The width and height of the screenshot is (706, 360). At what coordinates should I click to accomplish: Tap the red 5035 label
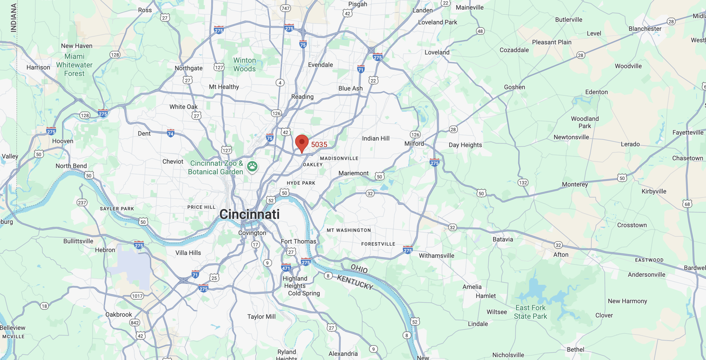click(319, 144)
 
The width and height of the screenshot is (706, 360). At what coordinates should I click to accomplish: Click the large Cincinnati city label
click(250, 214)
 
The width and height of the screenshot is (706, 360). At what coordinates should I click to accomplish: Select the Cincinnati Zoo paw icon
click(252, 166)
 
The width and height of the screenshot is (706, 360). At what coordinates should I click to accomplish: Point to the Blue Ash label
click(351, 88)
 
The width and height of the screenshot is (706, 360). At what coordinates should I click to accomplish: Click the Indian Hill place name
click(376, 138)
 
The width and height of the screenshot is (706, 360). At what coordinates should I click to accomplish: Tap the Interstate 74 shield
click(171, 133)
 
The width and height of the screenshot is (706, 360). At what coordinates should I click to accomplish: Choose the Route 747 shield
click(285, 8)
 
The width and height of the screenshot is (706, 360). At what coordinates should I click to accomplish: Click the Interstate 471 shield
click(286, 268)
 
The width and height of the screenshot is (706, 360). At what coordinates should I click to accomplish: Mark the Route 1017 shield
click(137, 296)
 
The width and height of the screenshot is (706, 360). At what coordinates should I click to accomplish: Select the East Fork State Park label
click(530, 312)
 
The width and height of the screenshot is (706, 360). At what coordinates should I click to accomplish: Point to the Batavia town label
click(503, 239)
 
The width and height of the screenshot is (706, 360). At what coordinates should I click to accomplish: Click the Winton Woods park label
click(245, 65)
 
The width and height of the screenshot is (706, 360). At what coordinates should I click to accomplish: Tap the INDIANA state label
click(13, 18)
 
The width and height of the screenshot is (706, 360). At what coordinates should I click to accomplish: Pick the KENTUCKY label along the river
click(355, 282)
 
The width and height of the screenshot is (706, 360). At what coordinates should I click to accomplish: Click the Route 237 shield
click(82, 203)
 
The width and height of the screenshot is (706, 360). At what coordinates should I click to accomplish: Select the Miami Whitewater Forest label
click(74, 65)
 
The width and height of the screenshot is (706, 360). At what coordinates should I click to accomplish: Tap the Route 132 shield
click(523, 182)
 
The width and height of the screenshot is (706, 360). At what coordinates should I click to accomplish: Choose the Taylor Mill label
click(261, 316)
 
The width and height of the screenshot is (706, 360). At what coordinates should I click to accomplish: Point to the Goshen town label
click(514, 87)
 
